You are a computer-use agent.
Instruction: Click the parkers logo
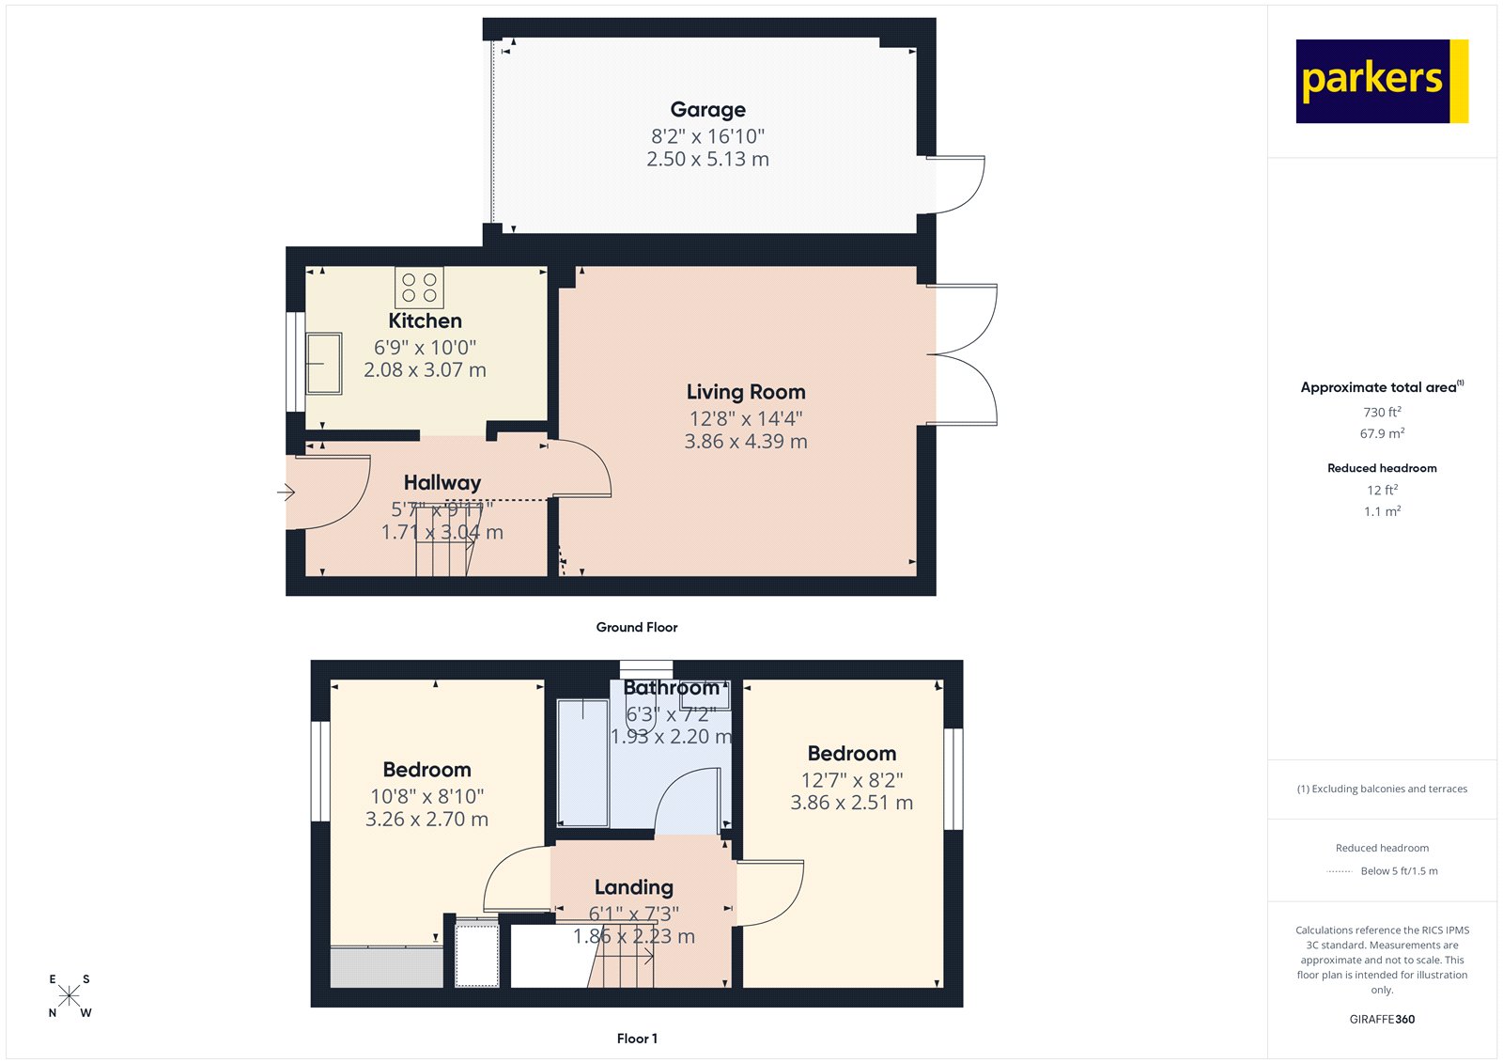click(x=1381, y=81)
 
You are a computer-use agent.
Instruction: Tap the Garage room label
click(x=707, y=110)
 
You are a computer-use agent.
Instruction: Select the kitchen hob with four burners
click(x=419, y=288)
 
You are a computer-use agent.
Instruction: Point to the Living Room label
click(x=746, y=392)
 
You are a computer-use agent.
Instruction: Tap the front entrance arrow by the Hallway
click(x=287, y=492)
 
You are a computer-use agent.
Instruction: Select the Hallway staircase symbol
click(x=443, y=555)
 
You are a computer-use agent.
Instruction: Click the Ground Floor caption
click(x=636, y=627)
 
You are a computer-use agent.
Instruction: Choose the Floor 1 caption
click(x=637, y=1039)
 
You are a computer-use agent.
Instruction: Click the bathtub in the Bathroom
click(x=582, y=761)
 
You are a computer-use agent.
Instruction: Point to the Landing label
click(x=634, y=887)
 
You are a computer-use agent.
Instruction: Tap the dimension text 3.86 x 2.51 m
click(x=851, y=803)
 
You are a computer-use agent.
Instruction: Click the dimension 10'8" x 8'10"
click(x=426, y=796)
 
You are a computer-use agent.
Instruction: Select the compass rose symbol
click(x=70, y=996)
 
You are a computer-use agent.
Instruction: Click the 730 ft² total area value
click(x=1382, y=412)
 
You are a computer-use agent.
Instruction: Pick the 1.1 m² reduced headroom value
click(x=1382, y=511)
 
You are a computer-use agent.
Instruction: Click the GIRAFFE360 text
click(x=1382, y=1019)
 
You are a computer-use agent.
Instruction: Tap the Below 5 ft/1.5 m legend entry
click(x=1398, y=871)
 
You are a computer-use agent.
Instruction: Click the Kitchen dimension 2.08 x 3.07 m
click(x=425, y=370)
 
